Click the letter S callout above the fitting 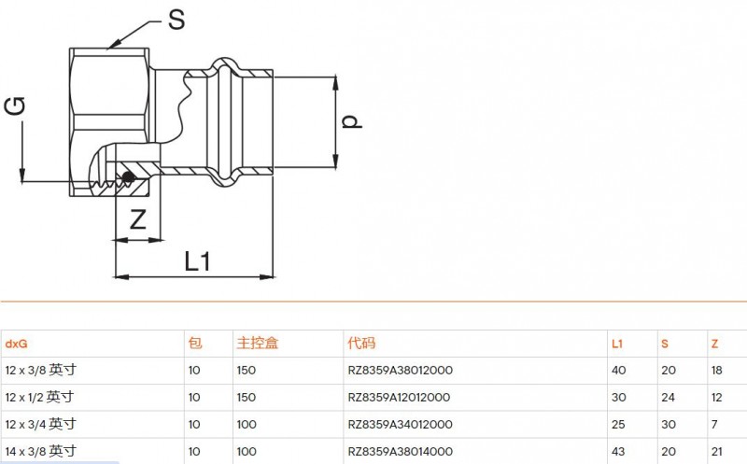[x=176, y=20]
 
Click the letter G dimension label [x=15, y=105]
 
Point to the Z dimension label [x=137, y=219]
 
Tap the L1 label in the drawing [x=197, y=261]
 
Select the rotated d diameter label [x=352, y=121]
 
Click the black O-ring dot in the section [x=128, y=177]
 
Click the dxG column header [x=16, y=344]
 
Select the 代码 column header [x=361, y=343]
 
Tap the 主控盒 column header [x=258, y=343]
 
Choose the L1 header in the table [x=617, y=344]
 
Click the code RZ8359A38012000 [x=401, y=370]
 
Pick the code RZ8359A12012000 [x=399, y=398]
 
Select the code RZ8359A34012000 [x=401, y=425]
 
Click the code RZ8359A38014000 [x=401, y=452]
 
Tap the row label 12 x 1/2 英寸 [x=39, y=397]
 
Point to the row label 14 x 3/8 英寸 [x=41, y=451]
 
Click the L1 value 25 [x=618, y=425]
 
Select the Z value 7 [x=714, y=425]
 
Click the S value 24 [x=668, y=398]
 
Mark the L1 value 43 [x=619, y=452]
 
